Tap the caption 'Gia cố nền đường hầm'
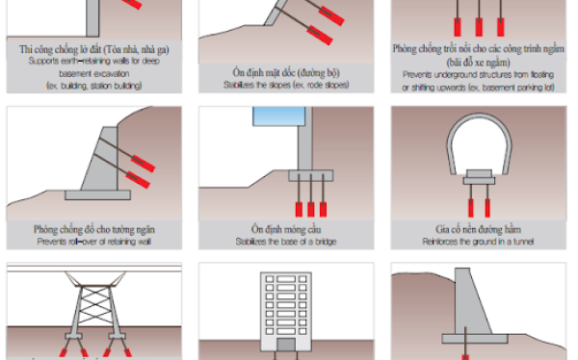click(479, 229)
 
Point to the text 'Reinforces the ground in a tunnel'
click(479, 243)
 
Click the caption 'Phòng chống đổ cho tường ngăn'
click(93, 229)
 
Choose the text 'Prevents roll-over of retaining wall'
click(93, 242)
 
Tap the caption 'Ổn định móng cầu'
click(286, 229)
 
